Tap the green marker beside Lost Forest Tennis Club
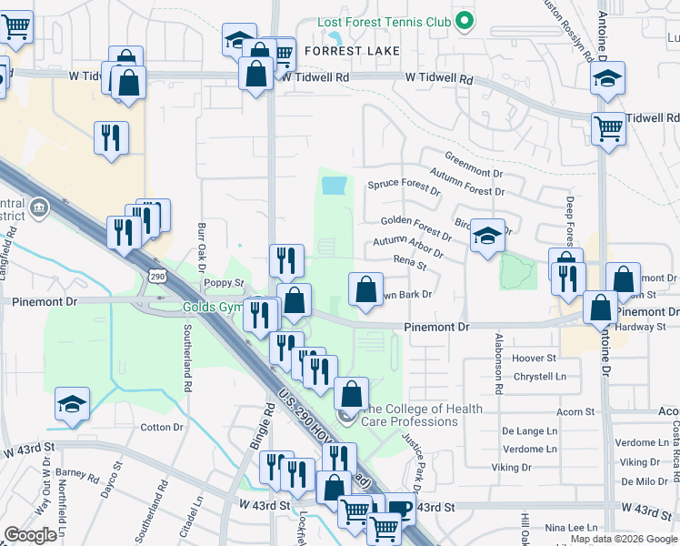465,20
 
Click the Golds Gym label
211,307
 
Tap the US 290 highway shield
157,276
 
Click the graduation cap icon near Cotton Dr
72,405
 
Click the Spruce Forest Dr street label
404,187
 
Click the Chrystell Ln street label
540,376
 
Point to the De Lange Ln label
530,431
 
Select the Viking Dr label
512,468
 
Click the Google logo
30,535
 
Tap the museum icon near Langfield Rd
38,209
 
